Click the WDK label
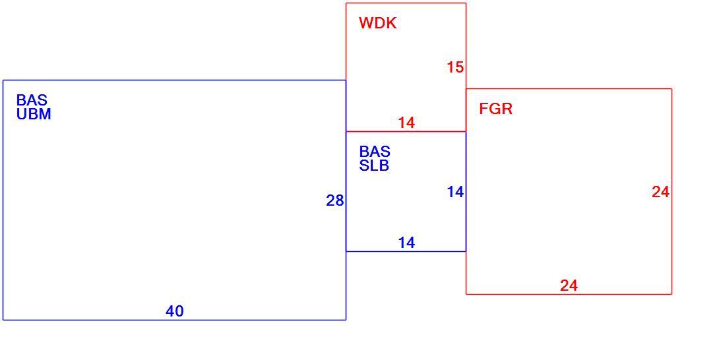[377, 23]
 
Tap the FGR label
[495, 109]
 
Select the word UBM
[34, 114]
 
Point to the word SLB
[374, 165]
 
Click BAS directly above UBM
[32, 100]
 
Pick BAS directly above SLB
[375, 152]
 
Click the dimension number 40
[175, 312]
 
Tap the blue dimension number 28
[335, 200]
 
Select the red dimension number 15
[455, 67]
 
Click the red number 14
[406, 123]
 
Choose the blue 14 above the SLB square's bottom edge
[406, 243]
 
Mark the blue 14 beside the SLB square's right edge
[455, 192]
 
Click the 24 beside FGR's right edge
[660, 192]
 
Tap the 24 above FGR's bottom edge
[569, 285]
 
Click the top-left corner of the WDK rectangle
[346, 3]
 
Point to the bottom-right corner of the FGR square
[672, 294]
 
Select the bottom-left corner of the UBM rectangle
[3, 320]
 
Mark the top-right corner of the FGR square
[672, 89]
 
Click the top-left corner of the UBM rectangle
[3, 80]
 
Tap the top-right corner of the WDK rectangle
[466, 3]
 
